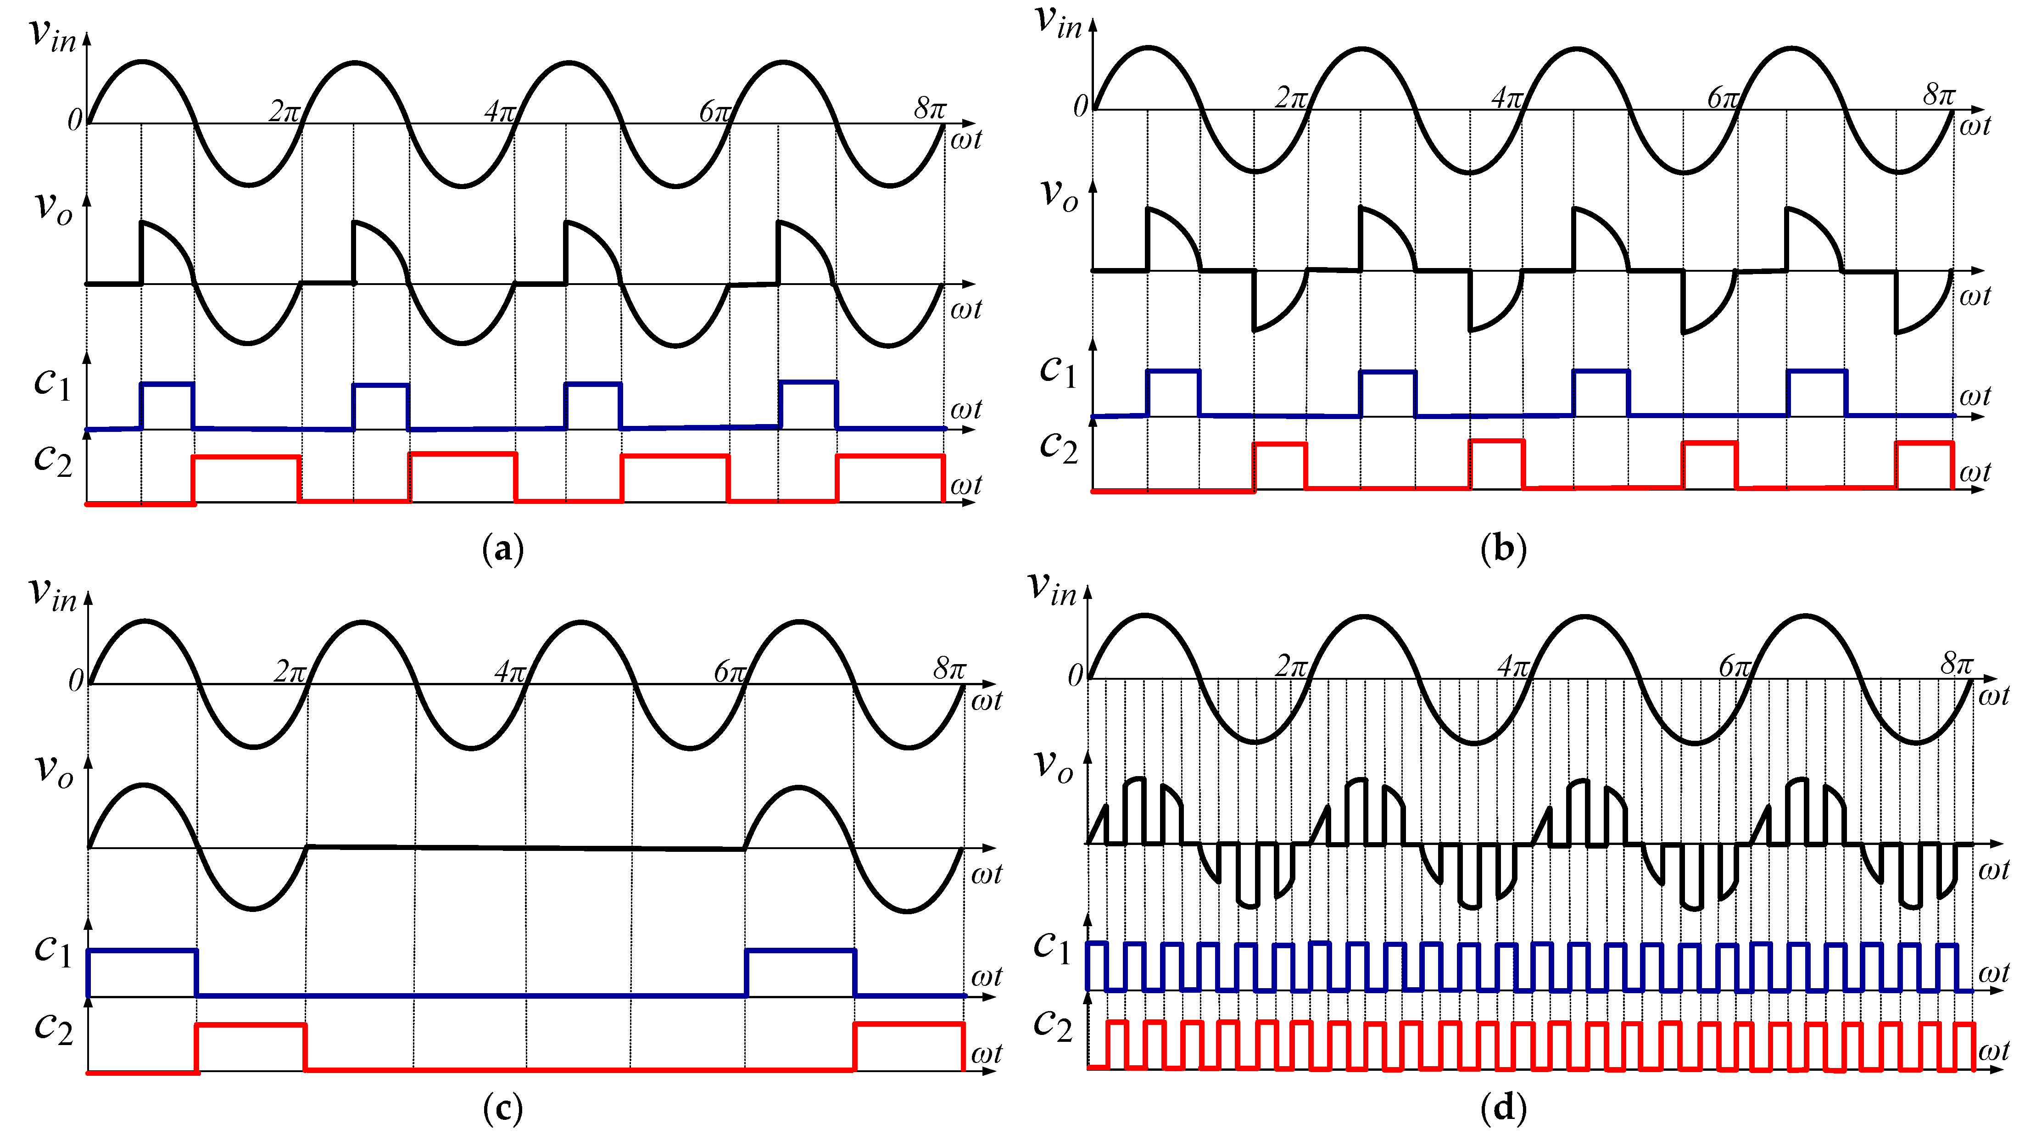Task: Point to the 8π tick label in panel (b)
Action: [1938, 95]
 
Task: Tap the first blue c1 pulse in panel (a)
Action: [167, 405]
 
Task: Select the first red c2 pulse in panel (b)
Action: [1280, 466]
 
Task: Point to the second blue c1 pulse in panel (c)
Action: [800, 972]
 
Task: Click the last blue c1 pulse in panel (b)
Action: [1816, 392]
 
